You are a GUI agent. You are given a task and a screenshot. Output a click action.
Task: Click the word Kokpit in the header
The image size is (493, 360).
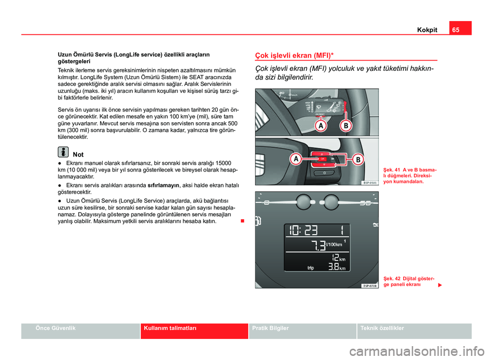427,30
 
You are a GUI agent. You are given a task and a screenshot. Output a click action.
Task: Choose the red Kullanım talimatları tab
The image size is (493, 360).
169,328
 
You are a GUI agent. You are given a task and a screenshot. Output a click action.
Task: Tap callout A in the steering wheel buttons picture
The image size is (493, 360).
296,160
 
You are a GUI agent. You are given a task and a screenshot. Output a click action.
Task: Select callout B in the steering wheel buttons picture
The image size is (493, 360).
357,160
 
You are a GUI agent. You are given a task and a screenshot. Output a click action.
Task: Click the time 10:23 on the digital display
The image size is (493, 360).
303,231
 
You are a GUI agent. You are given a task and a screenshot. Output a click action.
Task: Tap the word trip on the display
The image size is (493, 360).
310,268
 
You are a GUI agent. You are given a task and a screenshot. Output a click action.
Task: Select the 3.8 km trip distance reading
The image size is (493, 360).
336,267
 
